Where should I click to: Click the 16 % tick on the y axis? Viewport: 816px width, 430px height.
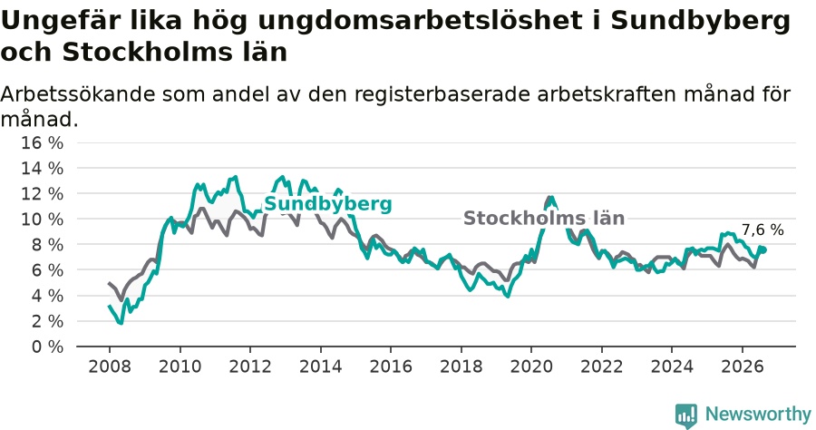pyautogui.click(x=42, y=142)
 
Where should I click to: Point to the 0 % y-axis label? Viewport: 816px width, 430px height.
pyautogui.click(x=47, y=347)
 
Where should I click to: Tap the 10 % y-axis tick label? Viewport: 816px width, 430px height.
pyautogui.click(x=42, y=220)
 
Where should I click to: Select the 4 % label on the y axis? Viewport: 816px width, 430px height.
pyautogui.click(x=47, y=296)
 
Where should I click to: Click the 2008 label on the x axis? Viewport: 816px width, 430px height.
pyautogui.click(x=110, y=366)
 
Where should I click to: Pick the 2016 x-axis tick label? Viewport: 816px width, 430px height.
pyautogui.click(x=391, y=366)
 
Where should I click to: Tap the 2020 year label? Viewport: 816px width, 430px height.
pyautogui.click(x=531, y=366)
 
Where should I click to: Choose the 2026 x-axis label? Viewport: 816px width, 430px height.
pyautogui.click(x=742, y=366)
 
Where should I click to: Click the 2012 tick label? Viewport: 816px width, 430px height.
pyautogui.click(x=250, y=366)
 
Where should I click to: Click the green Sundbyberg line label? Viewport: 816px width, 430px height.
pyautogui.click(x=328, y=204)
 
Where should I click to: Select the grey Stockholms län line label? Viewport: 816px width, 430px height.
pyautogui.click(x=544, y=218)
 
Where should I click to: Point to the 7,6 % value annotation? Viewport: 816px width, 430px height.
pyautogui.click(x=763, y=230)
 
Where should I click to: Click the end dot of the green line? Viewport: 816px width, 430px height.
pyautogui.click(x=763, y=249)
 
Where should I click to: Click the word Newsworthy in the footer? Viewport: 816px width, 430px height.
pyautogui.click(x=758, y=415)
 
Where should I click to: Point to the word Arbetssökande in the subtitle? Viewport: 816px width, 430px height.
pyautogui.click(x=78, y=94)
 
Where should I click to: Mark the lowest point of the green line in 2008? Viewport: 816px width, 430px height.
pyautogui.click(x=121, y=323)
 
